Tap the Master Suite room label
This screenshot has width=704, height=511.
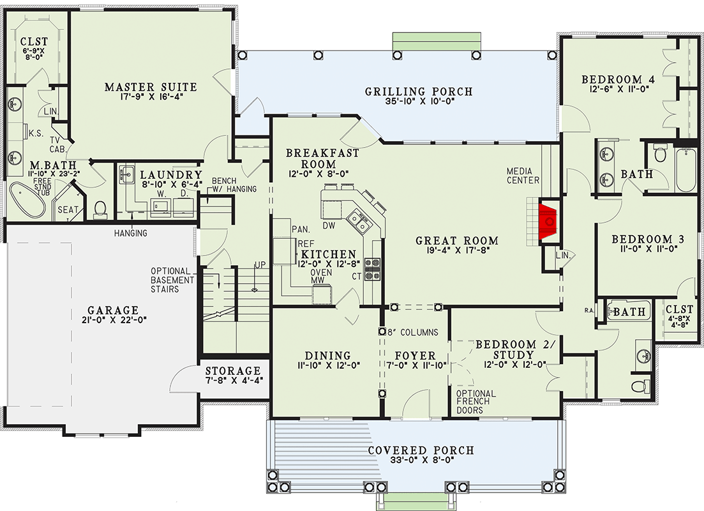tap(151, 87)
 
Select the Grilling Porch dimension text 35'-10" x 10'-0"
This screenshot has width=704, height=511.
tap(419, 103)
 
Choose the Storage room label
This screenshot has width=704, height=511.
tap(233, 371)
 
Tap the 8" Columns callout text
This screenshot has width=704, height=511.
tap(413, 332)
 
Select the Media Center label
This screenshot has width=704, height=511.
tap(523, 176)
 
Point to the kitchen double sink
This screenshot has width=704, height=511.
tap(356, 222)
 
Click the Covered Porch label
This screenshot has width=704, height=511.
tap(421, 450)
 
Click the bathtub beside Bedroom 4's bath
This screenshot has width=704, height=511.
tap(687, 169)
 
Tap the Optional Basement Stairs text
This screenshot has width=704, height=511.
tap(172, 280)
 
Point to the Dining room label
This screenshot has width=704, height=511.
tap(327, 355)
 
